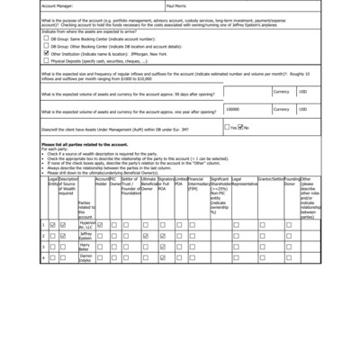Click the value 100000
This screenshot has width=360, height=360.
point(233,108)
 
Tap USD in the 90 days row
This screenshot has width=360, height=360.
point(302,92)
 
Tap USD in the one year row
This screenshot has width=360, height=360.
point(302,108)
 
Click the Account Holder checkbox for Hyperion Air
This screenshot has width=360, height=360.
point(101,224)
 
